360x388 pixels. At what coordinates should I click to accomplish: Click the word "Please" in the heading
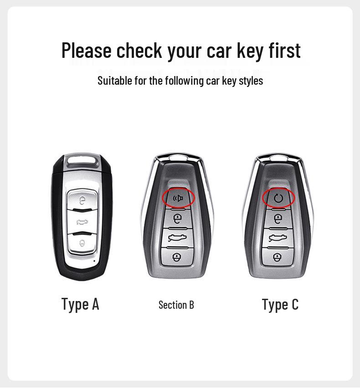point(87,51)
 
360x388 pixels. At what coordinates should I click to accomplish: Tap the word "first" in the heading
point(284,51)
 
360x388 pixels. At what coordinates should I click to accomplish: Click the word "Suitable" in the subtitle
point(112,81)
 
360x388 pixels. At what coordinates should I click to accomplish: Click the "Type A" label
point(80,304)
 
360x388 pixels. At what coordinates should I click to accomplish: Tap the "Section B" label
point(176,305)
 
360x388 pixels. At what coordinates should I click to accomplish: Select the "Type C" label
point(280,304)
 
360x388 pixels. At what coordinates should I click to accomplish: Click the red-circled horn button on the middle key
point(178,198)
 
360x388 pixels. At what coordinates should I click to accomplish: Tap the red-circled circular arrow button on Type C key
point(278,198)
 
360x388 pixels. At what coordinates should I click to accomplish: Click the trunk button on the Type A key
point(82,222)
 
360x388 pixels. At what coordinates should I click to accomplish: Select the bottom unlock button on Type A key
point(82,243)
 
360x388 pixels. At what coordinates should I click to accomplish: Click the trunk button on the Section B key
point(176,238)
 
